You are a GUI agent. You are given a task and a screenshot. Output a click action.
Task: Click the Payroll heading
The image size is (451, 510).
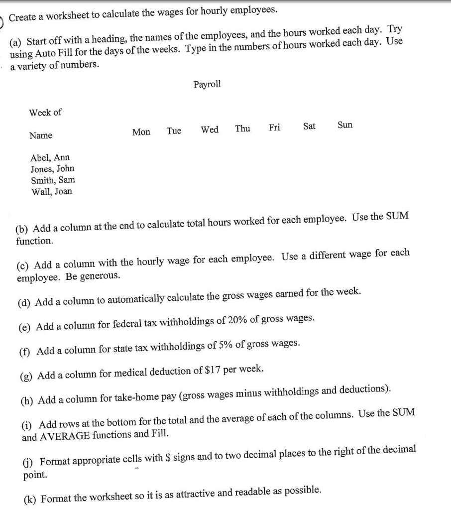click(x=207, y=84)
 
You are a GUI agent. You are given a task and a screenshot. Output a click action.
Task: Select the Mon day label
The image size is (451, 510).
click(x=141, y=132)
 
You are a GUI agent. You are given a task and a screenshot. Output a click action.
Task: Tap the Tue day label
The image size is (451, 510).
click(x=174, y=131)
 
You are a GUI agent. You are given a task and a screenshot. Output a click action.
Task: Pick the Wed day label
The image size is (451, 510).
click(x=210, y=130)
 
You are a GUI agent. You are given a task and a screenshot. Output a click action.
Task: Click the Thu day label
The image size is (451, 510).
click(x=242, y=129)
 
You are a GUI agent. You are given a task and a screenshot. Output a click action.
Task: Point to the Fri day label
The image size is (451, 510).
click(x=274, y=127)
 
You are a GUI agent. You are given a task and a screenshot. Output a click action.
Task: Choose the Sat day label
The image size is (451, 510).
click(x=309, y=126)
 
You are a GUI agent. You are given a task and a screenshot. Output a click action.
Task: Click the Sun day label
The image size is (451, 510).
click(x=345, y=125)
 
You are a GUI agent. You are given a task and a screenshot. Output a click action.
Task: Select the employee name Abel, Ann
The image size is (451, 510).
click(x=50, y=158)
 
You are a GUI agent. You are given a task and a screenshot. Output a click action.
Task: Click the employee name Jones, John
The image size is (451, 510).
click(x=52, y=169)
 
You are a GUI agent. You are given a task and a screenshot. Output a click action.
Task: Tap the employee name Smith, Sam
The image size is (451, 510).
click(x=53, y=180)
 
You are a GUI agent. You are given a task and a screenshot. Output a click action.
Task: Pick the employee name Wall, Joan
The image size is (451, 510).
click(x=52, y=192)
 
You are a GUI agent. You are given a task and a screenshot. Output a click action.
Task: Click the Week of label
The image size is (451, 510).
click(x=45, y=113)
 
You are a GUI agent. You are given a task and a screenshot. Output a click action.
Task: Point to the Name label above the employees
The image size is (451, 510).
click(x=41, y=135)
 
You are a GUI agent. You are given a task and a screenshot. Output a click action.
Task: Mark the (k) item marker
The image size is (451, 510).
click(x=30, y=499)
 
